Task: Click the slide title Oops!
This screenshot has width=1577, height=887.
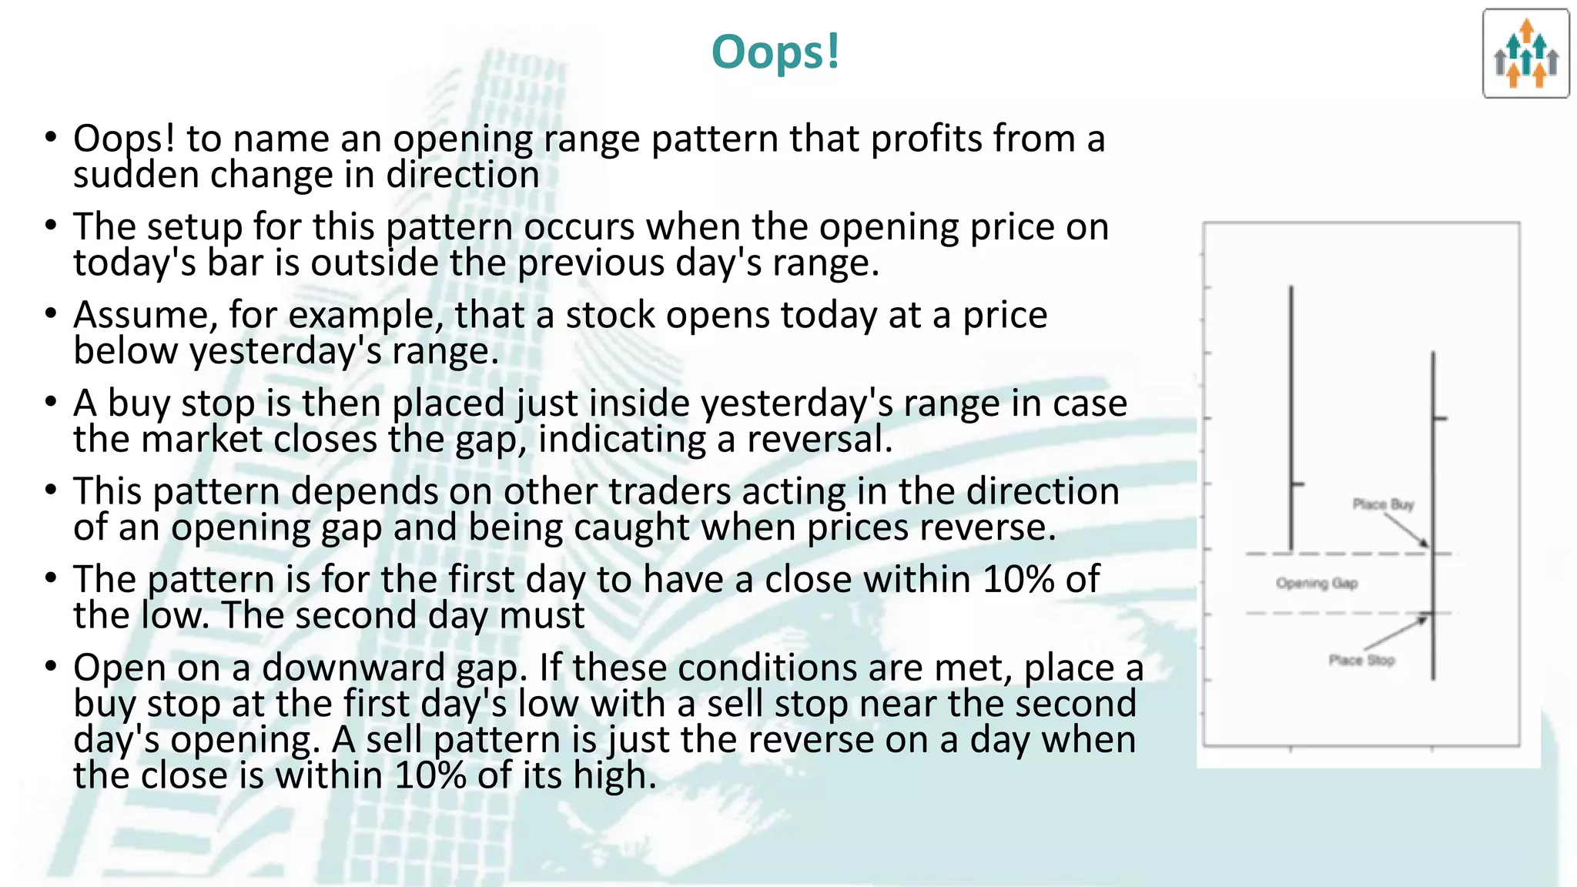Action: (x=775, y=52)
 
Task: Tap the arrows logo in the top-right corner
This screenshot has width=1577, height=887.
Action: (x=1525, y=54)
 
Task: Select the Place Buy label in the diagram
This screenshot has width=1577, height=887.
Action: (x=1383, y=504)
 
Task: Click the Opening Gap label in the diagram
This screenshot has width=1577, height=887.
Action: (x=1317, y=583)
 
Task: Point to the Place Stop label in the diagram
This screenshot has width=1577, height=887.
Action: (x=1361, y=660)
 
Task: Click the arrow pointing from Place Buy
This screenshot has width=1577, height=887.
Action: (x=1406, y=530)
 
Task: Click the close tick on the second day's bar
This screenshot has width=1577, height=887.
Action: (x=1440, y=419)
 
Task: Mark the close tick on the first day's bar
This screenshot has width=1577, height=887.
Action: (x=1298, y=484)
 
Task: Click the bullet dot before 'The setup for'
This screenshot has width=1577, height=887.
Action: (x=51, y=226)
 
